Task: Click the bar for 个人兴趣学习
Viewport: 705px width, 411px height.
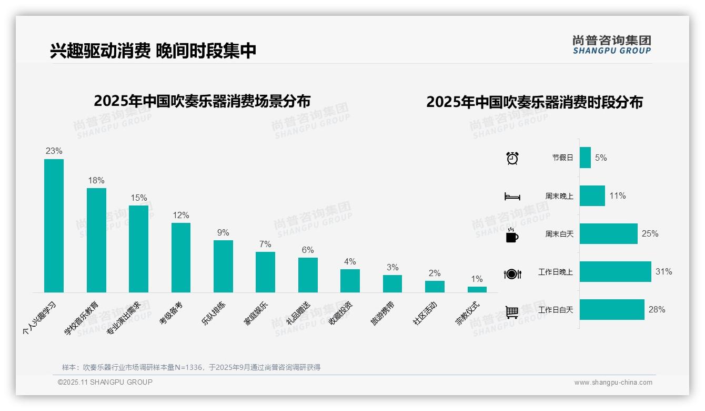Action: coord(54,226)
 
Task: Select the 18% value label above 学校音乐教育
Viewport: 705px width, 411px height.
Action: coord(96,181)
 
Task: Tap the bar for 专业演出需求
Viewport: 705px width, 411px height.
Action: coord(138,249)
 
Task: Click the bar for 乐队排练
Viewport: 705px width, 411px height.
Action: coord(223,266)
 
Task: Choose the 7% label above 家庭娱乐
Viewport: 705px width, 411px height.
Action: coord(265,244)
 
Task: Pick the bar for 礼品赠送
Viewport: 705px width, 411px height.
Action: coord(308,275)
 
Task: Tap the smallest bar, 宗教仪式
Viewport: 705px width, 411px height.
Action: coord(477,289)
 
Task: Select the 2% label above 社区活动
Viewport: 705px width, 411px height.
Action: coord(435,273)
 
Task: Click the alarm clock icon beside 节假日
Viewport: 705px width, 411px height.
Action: coord(512,158)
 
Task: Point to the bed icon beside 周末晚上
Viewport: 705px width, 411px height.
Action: coord(512,197)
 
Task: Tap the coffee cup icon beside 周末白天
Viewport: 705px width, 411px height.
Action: coord(512,235)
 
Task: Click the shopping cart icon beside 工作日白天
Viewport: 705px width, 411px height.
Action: coord(512,312)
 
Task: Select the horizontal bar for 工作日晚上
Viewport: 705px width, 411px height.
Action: coord(615,272)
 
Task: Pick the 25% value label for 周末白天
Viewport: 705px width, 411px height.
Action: coord(650,234)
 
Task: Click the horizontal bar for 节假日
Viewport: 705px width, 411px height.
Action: coord(585,158)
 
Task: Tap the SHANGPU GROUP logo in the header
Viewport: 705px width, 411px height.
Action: coord(611,45)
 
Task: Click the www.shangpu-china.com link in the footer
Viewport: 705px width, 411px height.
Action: coord(613,383)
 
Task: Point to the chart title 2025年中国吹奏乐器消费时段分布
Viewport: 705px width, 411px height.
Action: coord(535,102)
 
